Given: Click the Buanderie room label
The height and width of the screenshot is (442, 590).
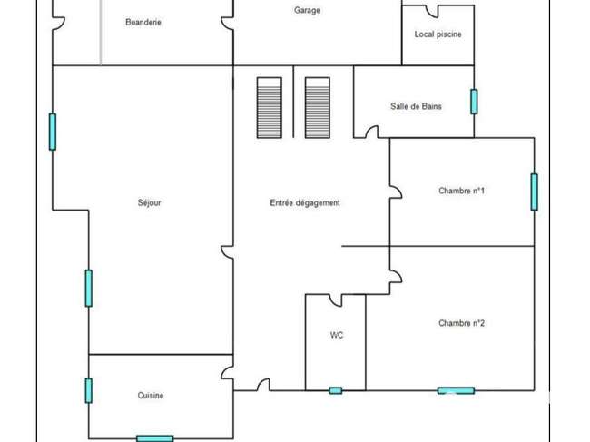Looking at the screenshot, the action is [143, 22].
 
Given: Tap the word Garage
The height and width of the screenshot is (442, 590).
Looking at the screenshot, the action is [307, 10].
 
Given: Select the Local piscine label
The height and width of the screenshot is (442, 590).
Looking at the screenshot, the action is [438, 34].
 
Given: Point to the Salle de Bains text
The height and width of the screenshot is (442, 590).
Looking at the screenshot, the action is [416, 106].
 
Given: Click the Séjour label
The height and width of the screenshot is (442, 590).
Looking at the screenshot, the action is [150, 202].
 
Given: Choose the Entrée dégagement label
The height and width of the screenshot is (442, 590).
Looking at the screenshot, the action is [305, 203].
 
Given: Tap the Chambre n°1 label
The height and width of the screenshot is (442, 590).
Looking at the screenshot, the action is [461, 191].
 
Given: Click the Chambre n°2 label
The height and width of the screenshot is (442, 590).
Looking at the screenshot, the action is [461, 323].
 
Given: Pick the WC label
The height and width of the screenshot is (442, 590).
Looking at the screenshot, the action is [337, 335].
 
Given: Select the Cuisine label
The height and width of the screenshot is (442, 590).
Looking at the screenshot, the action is [151, 396].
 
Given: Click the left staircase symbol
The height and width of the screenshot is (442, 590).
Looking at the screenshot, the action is [270, 108].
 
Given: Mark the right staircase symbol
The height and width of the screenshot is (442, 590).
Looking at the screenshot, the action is [318, 108].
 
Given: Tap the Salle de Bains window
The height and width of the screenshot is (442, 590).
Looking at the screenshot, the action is [474, 102].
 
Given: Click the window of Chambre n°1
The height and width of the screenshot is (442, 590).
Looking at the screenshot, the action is [535, 192].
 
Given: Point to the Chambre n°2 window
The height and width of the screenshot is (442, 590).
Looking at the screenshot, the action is [456, 390].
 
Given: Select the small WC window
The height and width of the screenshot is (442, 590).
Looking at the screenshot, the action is [336, 390].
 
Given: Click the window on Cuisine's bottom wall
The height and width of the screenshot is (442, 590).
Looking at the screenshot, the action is [155, 438].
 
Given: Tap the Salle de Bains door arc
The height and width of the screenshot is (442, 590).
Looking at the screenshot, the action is [372, 132].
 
